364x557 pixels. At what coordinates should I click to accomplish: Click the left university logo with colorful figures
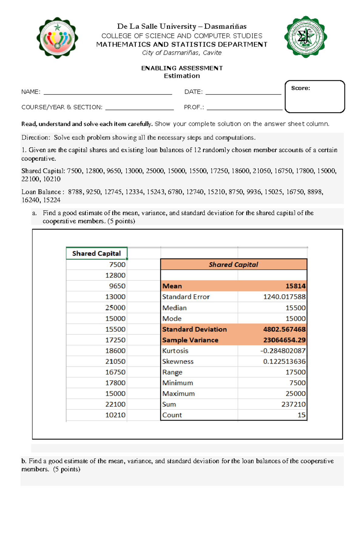click(x=57, y=38)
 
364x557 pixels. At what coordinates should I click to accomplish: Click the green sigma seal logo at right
click(x=305, y=37)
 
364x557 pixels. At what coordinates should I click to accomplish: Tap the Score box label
click(x=300, y=88)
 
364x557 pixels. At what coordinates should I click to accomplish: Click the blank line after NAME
click(x=108, y=92)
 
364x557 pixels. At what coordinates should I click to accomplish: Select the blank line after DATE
click(x=243, y=92)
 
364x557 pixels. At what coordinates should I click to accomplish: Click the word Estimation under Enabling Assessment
click(x=182, y=76)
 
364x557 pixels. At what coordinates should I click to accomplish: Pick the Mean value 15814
click(x=295, y=286)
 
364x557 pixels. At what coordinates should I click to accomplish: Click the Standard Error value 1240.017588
click(x=284, y=297)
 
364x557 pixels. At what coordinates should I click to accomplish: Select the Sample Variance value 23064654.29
click(x=284, y=340)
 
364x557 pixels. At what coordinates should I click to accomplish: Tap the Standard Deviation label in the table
click(x=194, y=329)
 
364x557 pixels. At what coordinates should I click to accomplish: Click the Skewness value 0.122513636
click(x=284, y=362)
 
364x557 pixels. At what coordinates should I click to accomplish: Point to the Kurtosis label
click(x=175, y=351)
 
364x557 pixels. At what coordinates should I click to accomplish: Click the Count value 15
click(x=301, y=415)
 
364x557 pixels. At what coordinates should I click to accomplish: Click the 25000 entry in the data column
click(x=115, y=308)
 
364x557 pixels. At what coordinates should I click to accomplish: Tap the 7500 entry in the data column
click(x=117, y=265)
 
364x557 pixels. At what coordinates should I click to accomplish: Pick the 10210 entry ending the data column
click(x=115, y=415)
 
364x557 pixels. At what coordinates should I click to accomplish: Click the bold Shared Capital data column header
click(x=96, y=253)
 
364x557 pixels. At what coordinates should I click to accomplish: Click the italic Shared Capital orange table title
click(x=233, y=265)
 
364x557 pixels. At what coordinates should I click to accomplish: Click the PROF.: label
click(x=194, y=107)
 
